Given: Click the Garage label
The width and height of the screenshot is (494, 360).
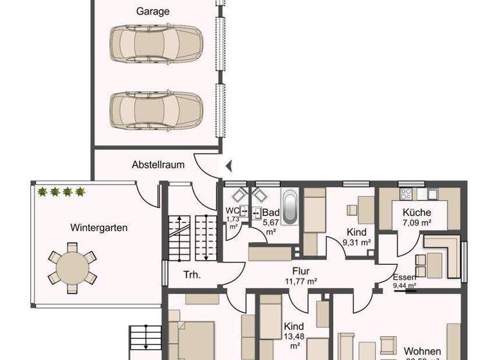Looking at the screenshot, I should (153, 11).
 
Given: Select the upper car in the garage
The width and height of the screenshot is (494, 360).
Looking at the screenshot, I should (156, 44).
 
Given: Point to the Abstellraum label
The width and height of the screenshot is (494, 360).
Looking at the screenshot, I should (158, 165).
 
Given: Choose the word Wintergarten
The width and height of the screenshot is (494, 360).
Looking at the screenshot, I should (98, 227).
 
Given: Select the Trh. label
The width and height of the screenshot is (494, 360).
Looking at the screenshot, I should (192, 275).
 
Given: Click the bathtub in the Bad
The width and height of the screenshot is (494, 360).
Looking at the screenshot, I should (290, 207).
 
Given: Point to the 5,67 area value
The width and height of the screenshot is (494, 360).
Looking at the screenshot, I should (270, 222).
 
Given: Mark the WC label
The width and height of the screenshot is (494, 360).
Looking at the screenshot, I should (232, 210).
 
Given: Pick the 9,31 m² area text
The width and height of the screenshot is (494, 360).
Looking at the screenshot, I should (357, 242).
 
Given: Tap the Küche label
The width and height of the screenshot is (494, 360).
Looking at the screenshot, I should (416, 213).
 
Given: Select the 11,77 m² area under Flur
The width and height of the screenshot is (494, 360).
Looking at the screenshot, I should (302, 281).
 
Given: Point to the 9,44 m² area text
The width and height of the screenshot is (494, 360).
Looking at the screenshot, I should (405, 285).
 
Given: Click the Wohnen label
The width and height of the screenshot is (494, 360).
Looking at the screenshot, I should (423, 351).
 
